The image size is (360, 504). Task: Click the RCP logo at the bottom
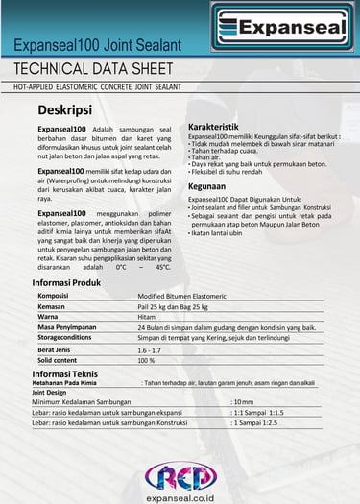180,475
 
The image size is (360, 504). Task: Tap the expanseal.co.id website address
180,496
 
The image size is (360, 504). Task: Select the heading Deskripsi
70,109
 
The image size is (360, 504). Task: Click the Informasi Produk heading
66,283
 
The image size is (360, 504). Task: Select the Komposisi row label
53,296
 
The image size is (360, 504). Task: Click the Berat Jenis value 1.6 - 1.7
150,350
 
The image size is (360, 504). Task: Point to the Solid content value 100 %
146,361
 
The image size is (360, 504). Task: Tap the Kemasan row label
52,306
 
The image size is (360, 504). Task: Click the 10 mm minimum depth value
244,401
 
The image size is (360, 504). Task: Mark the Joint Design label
50,392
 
